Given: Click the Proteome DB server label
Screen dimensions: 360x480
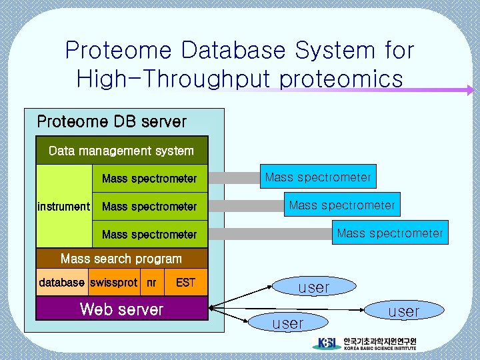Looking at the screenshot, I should [x=111, y=122].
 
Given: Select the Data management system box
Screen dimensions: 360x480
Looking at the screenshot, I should [x=121, y=151].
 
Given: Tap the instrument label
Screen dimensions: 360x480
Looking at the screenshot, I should [x=63, y=207].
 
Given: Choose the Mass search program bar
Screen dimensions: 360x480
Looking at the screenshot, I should [x=121, y=259].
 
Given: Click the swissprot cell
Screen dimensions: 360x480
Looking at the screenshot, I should [x=113, y=283].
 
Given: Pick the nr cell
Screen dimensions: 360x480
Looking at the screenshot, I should [x=152, y=283].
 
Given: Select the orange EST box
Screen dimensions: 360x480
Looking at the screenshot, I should [x=185, y=283].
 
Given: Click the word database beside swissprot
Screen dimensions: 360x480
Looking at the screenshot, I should [x=62, y=283].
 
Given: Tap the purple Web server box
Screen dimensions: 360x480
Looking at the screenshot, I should [x=121, y=309].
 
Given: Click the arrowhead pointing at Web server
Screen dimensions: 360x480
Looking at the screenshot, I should [x=213, y=307].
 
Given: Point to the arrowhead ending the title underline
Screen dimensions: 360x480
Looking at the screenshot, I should [x=470, y=90].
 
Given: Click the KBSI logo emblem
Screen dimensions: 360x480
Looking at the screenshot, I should [x=327, y=344].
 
